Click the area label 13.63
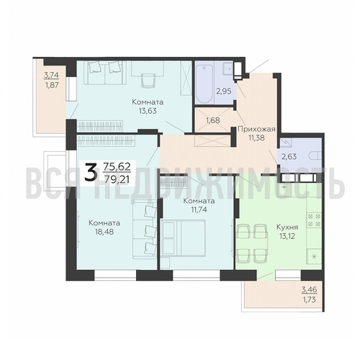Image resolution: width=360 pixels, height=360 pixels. coord(148,112)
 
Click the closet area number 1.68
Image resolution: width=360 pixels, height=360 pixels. coord(213,120)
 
